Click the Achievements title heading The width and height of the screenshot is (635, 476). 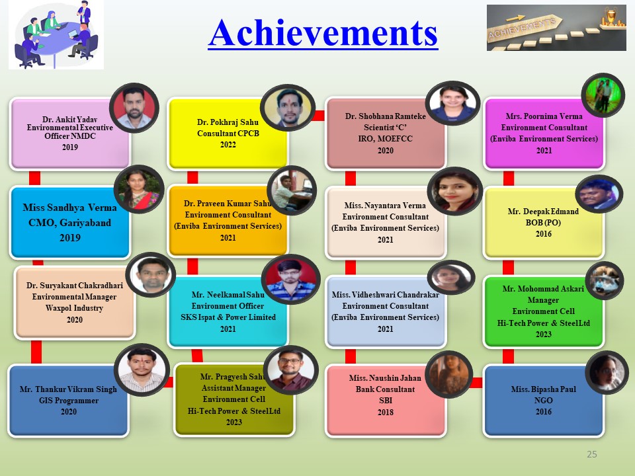(323, 33)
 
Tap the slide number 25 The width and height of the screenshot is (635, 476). (591, 454)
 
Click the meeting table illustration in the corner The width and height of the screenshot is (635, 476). (56, 35)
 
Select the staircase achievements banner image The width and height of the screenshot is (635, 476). (556, 28)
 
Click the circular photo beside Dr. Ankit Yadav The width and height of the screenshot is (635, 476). (134, 108)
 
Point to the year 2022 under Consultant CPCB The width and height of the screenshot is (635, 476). (228, 145)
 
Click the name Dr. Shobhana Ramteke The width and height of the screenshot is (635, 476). (386, 116)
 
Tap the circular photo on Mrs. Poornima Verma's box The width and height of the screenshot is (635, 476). (603, 95)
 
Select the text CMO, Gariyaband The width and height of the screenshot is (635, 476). (69, 223)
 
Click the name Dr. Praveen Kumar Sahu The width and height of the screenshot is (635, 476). (227, 203)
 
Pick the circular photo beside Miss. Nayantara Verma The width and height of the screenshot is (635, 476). (455, 190)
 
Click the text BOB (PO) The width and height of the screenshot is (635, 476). (543, 222)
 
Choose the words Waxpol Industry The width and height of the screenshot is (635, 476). (75, 308)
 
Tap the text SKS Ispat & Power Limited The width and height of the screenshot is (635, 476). (228, 317)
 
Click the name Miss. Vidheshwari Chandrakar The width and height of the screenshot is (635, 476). (386, 295)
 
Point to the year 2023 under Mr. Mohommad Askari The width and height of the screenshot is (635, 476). (544, 335)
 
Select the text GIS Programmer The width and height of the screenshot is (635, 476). (69, 401)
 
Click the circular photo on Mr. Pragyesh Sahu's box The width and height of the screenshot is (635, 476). (290, 370)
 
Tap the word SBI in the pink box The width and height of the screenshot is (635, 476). (386, 401)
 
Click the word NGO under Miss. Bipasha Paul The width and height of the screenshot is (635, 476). (544, 401)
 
